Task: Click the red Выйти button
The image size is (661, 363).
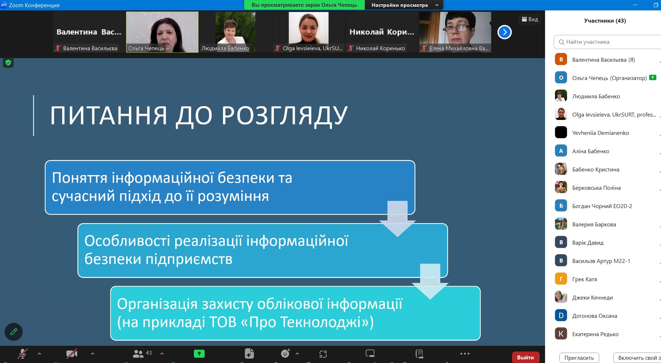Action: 525,357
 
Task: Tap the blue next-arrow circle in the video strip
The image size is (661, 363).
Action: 504,32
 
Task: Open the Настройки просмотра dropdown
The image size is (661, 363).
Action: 404,5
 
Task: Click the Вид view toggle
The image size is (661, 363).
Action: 530,19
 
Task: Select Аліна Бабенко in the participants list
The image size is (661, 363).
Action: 591,151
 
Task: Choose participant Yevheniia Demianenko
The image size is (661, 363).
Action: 600,133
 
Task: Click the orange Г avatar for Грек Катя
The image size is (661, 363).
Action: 561,279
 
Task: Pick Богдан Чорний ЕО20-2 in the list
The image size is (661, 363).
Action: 602,206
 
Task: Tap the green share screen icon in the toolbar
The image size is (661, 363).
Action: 199,354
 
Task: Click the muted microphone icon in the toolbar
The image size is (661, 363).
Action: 22,354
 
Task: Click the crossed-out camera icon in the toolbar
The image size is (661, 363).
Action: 72,354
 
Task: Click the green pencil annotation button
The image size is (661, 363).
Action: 14,332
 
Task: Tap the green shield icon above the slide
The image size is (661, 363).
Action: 8,63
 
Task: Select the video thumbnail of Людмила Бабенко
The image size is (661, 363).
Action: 235,32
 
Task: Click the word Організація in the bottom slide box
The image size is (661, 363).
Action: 157,304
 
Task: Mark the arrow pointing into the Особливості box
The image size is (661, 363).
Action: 397,219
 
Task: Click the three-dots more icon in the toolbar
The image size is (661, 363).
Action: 465,354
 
